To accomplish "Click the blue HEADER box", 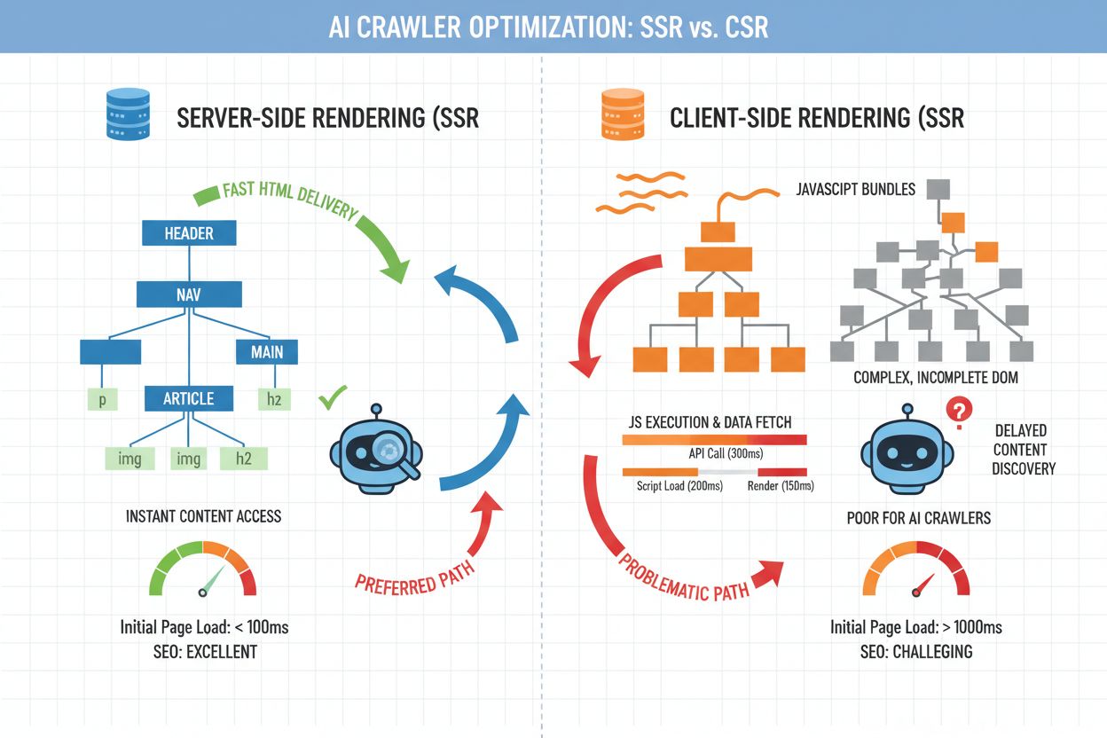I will point(189,233).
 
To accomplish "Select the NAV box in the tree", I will point(189,294).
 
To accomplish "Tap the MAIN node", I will point(267,351).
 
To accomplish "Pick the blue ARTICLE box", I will point(189,398).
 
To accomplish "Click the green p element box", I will point(103,400).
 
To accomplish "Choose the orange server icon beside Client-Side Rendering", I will point(620,116).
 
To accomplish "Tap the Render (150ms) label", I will point(780,486).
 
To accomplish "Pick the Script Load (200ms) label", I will point(679,486).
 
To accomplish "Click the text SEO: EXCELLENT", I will point(204,652).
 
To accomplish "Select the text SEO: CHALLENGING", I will point(915,652).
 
